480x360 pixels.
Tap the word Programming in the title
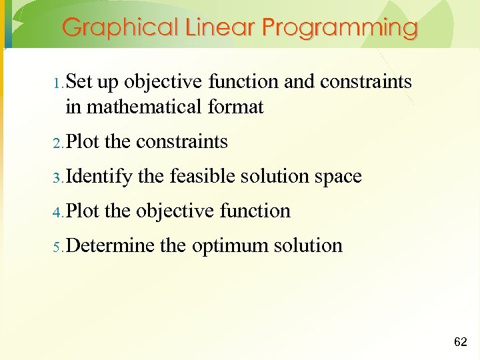[x=339, y=28]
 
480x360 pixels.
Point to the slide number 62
[x=460, y=342]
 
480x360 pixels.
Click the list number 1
[x=58, y=84]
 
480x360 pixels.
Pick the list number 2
[x=58, y=143]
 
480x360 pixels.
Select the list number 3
[x=58, y=178]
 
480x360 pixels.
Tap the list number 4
[x=58, y=213]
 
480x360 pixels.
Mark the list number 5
[x=58, y=247]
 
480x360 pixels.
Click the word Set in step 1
[x=79, y=82]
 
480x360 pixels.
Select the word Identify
[x=99, y=177]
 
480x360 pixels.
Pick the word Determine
[x=111, y=245]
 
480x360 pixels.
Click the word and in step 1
[x=299, y=82]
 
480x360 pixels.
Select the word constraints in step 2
[x=181, y=142]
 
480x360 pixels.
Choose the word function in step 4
[x=257, y=211]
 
